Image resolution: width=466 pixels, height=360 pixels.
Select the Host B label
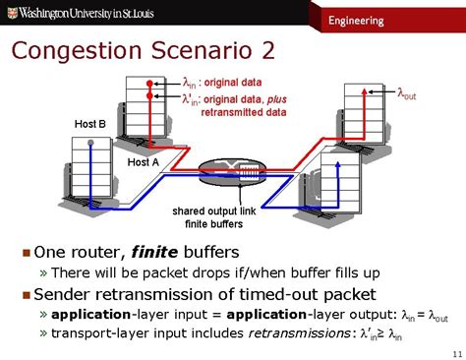coord(90,124)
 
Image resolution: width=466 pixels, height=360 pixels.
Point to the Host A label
coord(144,162)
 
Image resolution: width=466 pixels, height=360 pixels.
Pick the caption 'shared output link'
coord(214,210)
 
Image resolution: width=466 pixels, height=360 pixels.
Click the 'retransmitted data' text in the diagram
coord(244,112)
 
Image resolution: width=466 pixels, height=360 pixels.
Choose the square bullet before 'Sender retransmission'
coord(27,295)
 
